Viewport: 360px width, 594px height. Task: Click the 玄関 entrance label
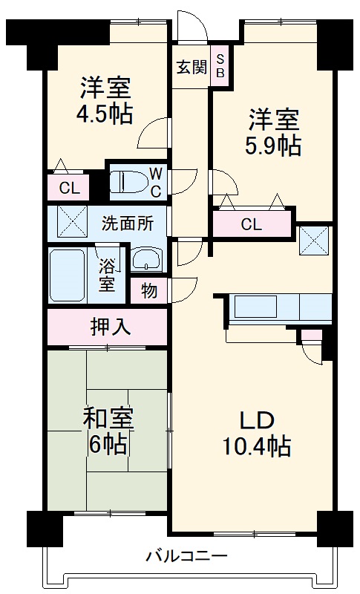191,67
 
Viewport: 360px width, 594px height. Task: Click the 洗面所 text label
127,223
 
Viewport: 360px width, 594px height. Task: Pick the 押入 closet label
107,326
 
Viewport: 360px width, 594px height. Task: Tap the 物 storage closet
149,291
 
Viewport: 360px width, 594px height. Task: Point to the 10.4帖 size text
257,447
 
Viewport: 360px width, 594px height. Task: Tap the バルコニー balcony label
186,555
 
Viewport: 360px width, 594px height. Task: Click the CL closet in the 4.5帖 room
69,188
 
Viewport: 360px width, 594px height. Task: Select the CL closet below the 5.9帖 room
252,224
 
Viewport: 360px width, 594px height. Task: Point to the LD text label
257,420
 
